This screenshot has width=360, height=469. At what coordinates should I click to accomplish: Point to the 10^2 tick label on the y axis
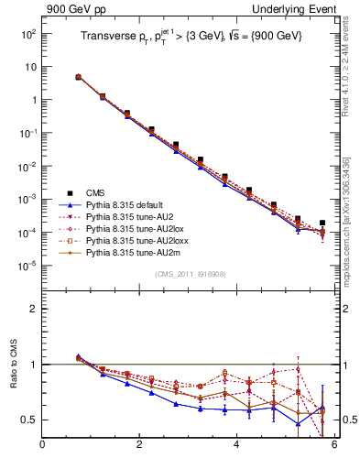(x=28, y=33)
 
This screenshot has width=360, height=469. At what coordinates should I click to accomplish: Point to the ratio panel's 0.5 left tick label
(x=29, y=420)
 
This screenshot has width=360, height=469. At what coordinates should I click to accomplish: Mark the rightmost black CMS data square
(x=322, y=223)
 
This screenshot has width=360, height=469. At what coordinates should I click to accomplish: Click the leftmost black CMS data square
(x=78, y=77)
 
